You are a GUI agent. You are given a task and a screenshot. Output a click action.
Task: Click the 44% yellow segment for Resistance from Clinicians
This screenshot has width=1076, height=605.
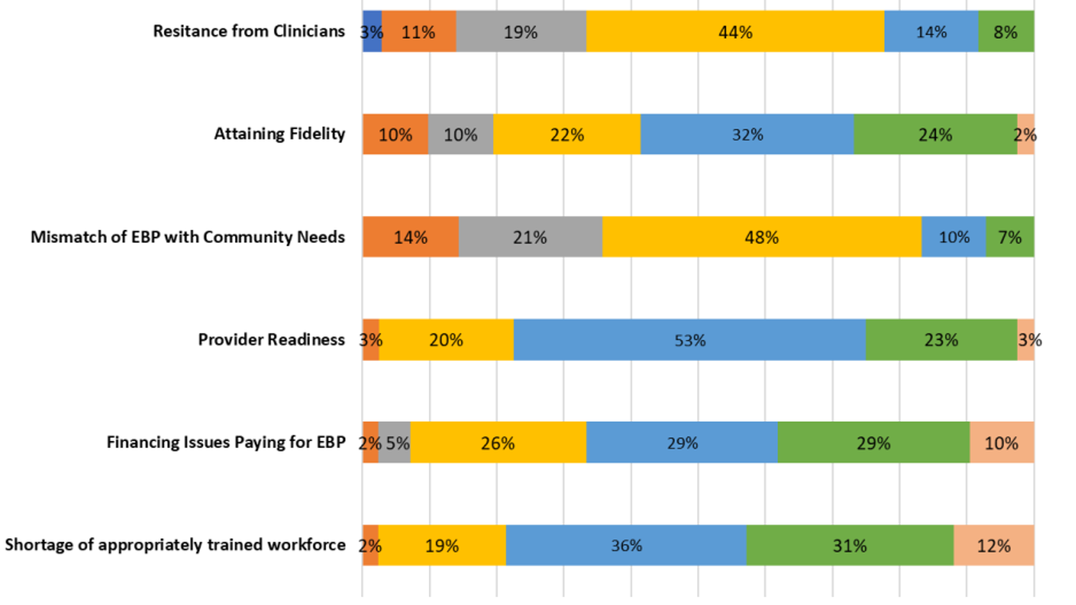tap(735, 31)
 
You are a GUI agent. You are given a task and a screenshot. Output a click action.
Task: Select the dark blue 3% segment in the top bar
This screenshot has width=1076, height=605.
tap(372, 31)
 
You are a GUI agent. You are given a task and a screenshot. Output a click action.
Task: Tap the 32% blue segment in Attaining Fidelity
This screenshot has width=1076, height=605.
tap(747, 134)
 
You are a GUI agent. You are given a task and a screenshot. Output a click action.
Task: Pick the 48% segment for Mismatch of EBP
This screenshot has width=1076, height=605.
tap(761, 237)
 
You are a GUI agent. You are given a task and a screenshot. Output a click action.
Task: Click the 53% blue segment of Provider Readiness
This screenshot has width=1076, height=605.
tap(689, 340)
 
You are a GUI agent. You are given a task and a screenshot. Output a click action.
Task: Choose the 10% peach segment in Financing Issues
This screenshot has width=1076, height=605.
tap(1001, 443)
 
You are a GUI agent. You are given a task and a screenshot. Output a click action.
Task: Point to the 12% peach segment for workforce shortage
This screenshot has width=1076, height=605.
tap(994, 545)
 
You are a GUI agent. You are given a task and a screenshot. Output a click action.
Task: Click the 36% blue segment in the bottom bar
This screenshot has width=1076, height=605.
tap(626, 545)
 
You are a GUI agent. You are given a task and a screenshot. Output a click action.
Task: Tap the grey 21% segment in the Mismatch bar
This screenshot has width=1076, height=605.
tap(530, 237)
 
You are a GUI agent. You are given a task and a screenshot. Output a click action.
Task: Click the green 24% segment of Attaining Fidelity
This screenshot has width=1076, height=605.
tap(935, 134)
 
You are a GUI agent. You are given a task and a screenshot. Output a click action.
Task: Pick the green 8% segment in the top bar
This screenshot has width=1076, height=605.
tap(1005, 31)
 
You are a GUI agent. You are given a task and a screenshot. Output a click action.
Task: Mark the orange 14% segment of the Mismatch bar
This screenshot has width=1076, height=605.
tap(410, 237)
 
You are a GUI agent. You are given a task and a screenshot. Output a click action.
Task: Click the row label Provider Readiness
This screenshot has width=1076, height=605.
tap(271, 339)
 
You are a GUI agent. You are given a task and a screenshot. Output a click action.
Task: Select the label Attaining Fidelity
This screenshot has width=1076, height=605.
tap(279, 134)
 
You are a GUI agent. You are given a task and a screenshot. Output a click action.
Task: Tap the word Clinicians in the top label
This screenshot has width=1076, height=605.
tap(309, 31)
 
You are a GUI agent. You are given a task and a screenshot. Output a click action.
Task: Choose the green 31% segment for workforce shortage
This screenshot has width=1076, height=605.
tap(850, 545)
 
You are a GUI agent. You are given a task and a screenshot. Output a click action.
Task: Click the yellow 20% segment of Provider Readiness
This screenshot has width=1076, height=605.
tap(446, 340)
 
